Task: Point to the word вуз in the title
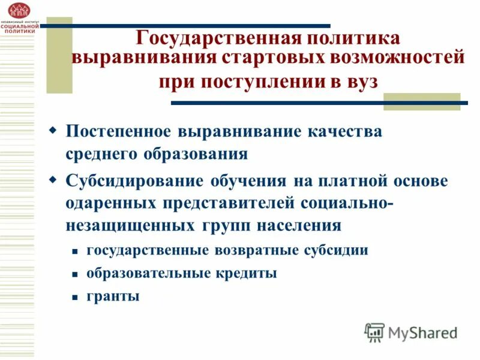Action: coord(362,82)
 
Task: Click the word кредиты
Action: coord(247,273)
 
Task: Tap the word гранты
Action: coord(113,296)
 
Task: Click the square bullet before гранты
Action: coord(74,297)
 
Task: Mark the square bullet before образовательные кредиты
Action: coord(74,274)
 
